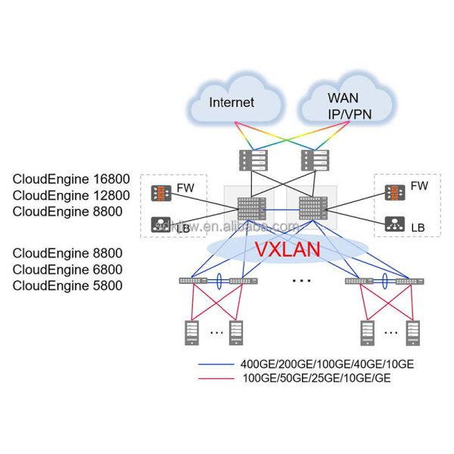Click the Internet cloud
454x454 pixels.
(232, 101)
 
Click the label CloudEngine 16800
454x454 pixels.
(72, 179)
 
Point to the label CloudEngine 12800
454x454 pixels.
(72, 195)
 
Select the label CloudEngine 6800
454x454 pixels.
(67, 269)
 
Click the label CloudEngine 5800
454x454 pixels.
(67, 285)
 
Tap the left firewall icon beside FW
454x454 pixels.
(160, 192)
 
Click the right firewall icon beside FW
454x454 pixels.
(394, 192)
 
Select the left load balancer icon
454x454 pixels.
(160, 223)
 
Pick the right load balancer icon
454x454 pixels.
(394, 223)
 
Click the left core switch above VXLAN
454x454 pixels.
(249, 210)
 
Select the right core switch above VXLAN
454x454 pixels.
(311, 208)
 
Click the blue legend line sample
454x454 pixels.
(216, 365)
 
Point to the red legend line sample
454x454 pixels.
(216, 378)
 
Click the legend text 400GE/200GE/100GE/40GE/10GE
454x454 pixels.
(327, 365)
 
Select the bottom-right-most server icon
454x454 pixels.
(412, 331)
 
